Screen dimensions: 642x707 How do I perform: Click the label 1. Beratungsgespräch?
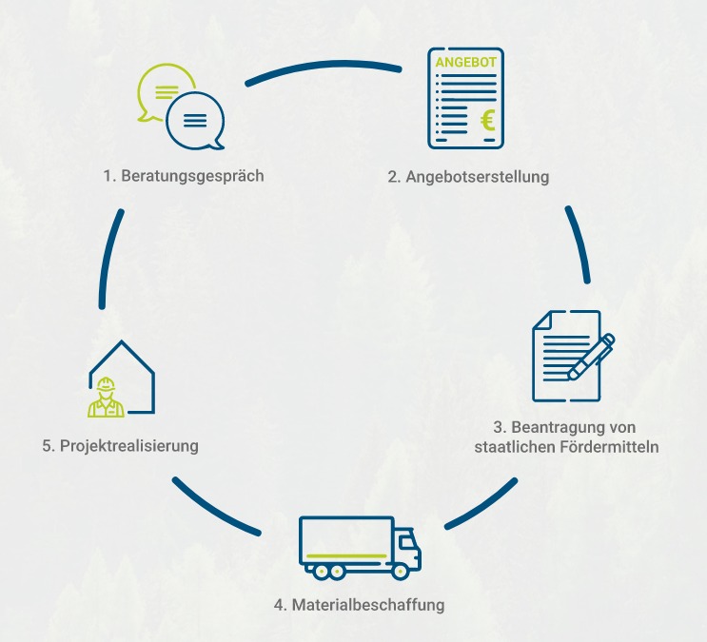pos(184,176)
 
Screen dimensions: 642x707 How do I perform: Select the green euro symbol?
pos(488,120)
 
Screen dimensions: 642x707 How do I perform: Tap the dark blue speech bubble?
pos(195,121)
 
